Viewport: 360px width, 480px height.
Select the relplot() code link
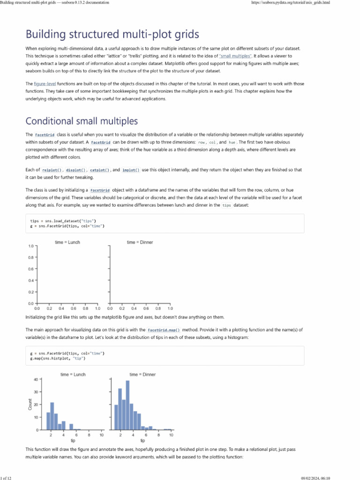coord(52,170)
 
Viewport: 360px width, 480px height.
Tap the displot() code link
coord(76,170)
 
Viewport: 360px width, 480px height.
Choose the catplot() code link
coord(100,170)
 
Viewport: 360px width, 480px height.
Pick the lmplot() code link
coord(131,170)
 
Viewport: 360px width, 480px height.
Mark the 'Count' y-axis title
coord(30,405)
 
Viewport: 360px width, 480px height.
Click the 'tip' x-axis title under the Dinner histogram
coord(142,441)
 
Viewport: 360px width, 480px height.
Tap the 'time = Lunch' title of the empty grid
coord(67,242)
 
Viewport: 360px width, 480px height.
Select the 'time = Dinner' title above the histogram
coord(142,375)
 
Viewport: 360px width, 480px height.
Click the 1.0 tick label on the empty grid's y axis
coord(31,246)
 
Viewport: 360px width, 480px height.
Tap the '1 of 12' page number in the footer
coord(7,477)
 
